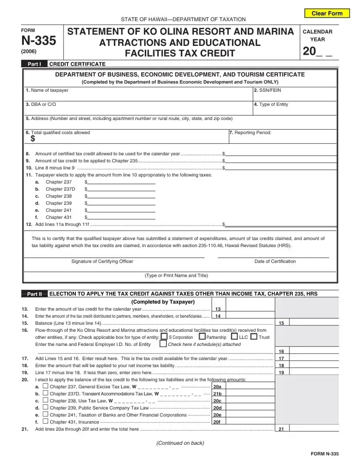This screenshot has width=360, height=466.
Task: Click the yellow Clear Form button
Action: [327, 13]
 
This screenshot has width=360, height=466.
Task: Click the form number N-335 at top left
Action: [39, 41]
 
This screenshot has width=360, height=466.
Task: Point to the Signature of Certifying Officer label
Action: [102, 261]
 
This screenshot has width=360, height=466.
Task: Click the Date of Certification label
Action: [275, 261]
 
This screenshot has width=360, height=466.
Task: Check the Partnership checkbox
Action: [202, 337]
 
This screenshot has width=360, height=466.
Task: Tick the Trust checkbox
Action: [254, 337]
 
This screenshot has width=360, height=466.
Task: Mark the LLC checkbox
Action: [234, 337]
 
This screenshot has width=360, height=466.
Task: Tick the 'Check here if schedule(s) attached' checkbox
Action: [163, 344]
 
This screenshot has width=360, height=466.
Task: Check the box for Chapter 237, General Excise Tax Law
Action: [45, 386]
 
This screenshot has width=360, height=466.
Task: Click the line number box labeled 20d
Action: [217, 408]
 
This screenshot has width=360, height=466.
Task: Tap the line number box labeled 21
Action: [281, 429]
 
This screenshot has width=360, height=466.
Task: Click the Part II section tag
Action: [34, 294]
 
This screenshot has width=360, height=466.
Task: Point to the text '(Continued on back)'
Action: [180, 443]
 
